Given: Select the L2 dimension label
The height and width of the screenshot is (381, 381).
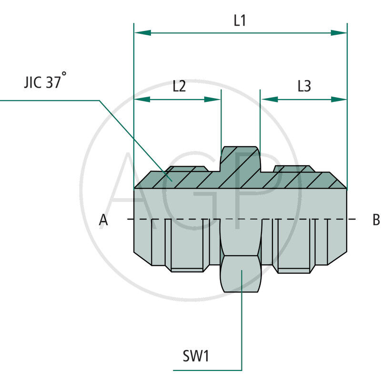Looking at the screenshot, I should point(179,86).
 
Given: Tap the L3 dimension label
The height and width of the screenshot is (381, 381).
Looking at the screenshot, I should point(304,86).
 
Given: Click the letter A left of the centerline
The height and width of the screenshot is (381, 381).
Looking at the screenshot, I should point(103,220).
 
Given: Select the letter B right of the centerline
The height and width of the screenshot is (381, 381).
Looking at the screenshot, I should point(376,220).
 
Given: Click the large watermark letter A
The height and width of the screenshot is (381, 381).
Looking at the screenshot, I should point(138,190).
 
